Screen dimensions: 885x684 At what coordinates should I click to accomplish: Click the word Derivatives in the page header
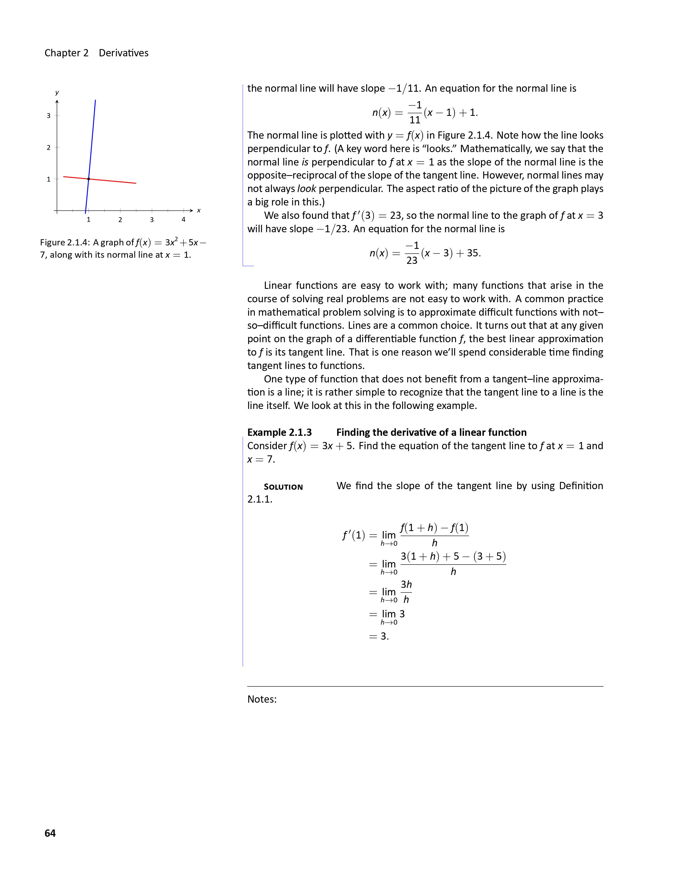[124, 53]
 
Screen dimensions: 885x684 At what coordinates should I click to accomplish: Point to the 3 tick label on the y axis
[49, 116]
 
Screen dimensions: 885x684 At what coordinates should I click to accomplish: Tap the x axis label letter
[198, 210]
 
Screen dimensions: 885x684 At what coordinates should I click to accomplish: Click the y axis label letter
[57, 93]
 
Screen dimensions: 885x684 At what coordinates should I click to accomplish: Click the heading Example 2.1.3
[280, 432]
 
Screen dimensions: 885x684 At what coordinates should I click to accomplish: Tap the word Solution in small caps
[283, 487]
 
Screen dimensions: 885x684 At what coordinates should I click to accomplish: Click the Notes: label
[262, 699]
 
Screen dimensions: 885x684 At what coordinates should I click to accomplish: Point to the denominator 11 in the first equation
[414, 120]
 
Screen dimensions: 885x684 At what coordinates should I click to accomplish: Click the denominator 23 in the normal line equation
[412, 261]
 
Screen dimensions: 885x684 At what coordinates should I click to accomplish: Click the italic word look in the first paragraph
[306, 189]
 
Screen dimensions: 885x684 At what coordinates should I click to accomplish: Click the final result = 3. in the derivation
[379, 636]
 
